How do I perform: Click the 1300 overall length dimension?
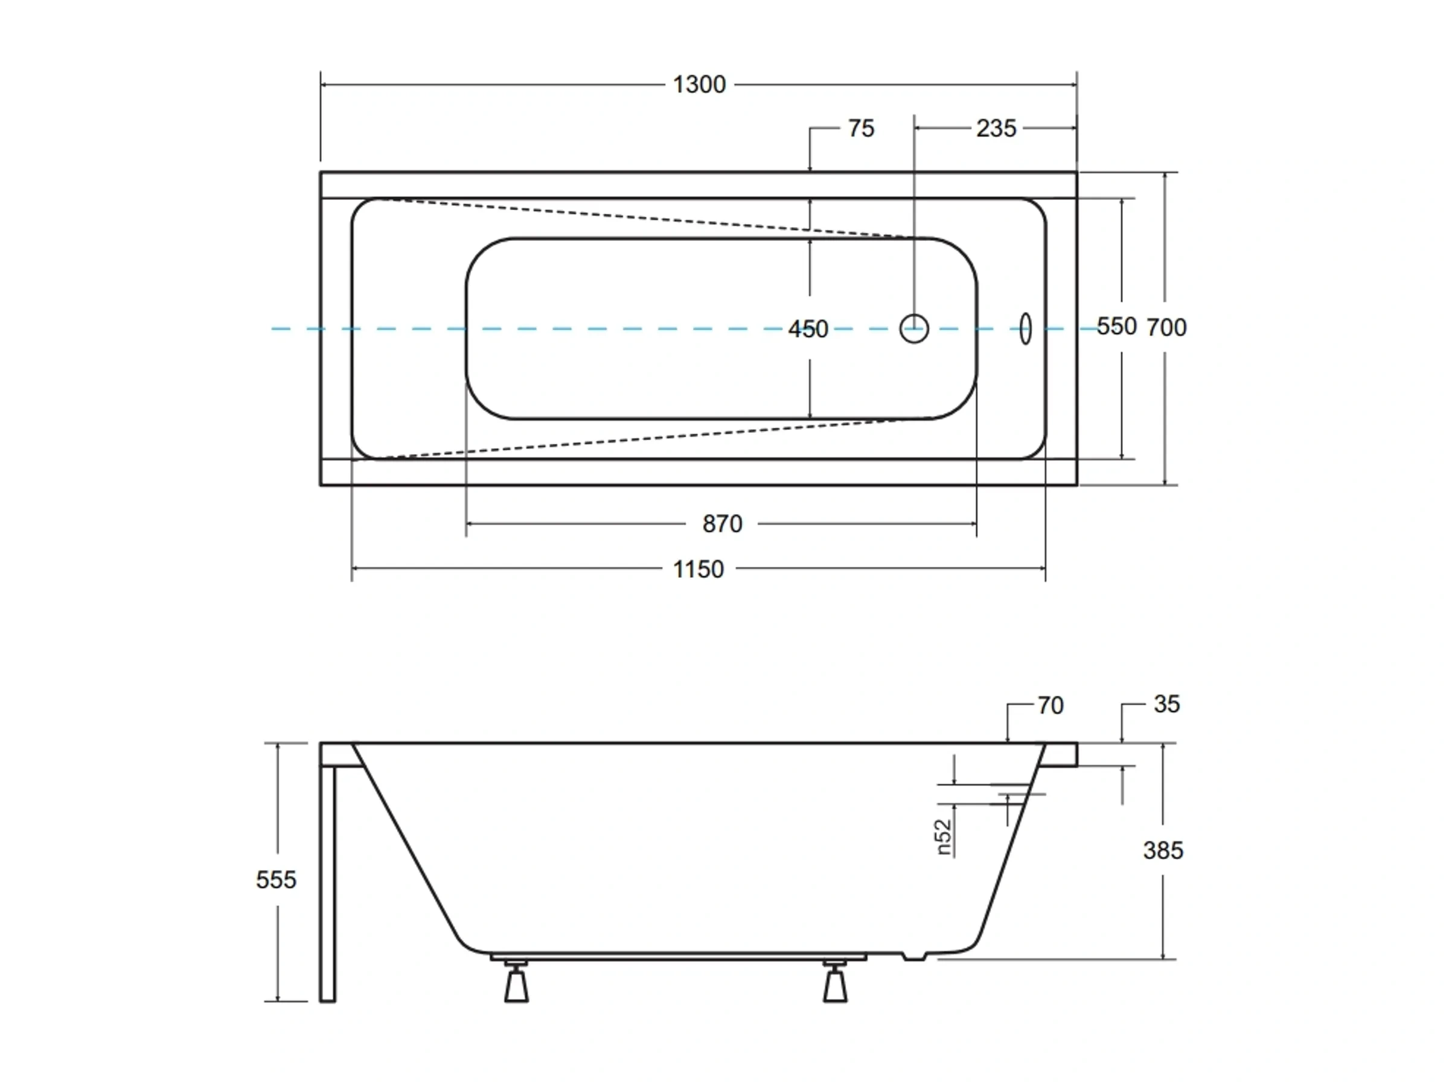pyautogui.click(x=699, y=85)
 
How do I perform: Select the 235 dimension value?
pyautogui.click(x=996, y=129)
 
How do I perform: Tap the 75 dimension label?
pyautogui.click(x=861, y=129)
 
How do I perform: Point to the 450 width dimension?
pyautogui.click(x=808, y=329)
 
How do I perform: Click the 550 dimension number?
pyautogui.click(x=1116, y=326)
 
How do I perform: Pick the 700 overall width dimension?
pyautogui.click(x=1166, y=327)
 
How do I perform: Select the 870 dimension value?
pyautogui.click(x=722, y=524)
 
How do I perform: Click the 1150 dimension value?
pyautogui.click(x=699, y=569)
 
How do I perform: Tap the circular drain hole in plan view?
pyautogui.click(x=914, y=329)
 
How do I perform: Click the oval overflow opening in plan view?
pyautogui.click(x=1025, y=329)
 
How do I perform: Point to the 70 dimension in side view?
pyautogui.click(x=1050, y=706)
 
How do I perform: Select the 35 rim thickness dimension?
pyautogui.click(x=1166, y=704)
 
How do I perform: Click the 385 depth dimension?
pyautogui.click(x=1163, y=850)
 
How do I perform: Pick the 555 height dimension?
pyautogui.click(x=276, y=879)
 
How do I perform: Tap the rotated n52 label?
pyautogui.click(x=943, y=838)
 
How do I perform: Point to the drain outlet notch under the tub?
pyautogui.click(x=915, y=957)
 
